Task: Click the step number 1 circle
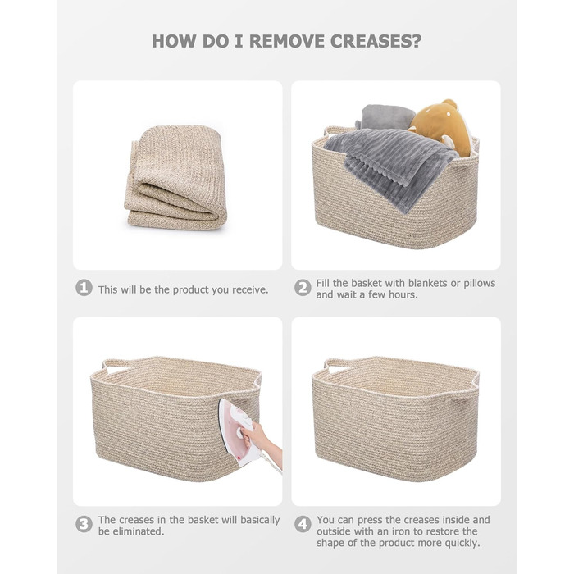84,288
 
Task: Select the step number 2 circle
303,288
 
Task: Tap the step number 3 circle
84,524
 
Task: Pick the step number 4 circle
303,524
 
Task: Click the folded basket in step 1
175,178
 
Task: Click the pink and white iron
237,432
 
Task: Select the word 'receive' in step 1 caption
249,290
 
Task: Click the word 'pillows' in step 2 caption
479,283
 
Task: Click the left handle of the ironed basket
116,367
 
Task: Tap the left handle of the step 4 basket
338,367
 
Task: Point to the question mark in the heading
417,41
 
